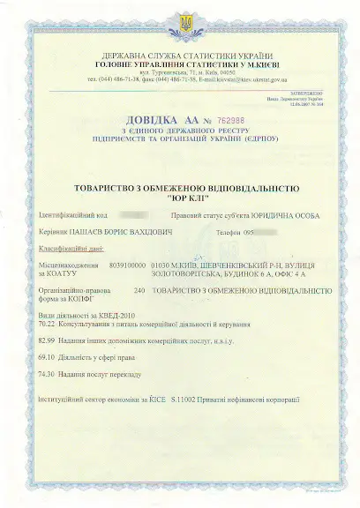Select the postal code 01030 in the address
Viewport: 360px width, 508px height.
(x=161, y=265)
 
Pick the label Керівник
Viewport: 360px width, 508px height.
(x=53, y=232)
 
